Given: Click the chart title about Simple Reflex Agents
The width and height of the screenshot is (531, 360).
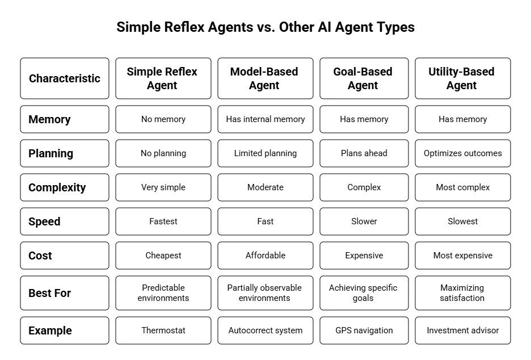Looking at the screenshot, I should click(x=265, y=27).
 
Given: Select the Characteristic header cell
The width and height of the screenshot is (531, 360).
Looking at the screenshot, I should click(x=65, y=78).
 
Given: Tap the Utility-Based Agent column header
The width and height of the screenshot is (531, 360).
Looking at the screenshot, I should click(x=462, y=78).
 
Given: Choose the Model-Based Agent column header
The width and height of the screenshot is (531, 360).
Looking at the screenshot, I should click(x=265, y=78).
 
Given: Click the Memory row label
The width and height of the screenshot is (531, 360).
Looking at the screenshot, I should click(x=65, y=119).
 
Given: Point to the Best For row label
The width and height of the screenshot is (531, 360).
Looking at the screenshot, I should click(x=65, y=293).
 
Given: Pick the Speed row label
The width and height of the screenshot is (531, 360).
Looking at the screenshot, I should click(x=65, y=221).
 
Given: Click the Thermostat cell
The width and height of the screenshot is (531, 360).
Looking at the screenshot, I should click(x=163, y=330).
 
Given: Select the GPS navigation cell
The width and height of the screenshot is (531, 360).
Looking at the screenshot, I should click(x=364, y=330).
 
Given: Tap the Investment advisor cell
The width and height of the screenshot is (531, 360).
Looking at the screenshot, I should click(x=462, y=330).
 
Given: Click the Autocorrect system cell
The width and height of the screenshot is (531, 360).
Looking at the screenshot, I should click(x=265, y=330).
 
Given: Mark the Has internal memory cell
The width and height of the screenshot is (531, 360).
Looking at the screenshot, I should click(x=265, y=119).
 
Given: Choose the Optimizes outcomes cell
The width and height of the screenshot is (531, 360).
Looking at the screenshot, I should click(x=462, y=153).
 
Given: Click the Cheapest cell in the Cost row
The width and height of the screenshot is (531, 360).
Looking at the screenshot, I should click(x=163, y=256).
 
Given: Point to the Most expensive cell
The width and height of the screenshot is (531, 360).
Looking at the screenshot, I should click(x=462, y=256).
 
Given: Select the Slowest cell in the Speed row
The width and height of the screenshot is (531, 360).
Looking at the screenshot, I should click(x=462, y=221).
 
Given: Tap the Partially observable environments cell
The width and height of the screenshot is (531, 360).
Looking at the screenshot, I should click(x=265, y=293).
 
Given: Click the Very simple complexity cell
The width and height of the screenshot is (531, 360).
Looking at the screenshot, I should click(x=163, y=187).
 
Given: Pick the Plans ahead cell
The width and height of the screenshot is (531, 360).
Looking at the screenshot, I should click(x=364, y=153).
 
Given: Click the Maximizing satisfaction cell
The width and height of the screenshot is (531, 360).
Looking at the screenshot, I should click(x=462, y=293).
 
